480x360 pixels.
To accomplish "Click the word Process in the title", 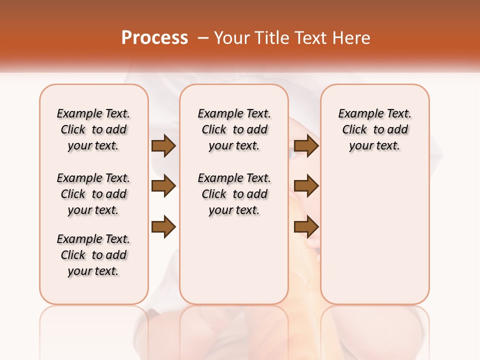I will [x=154, y=38].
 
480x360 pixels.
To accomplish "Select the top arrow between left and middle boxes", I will [x=163, y=145].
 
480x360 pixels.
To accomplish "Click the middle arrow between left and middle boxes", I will [x=163, y=186].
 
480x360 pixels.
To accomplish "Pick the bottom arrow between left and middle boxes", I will [x=163, y=227].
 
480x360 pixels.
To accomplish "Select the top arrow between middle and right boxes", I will [x=306, y=145].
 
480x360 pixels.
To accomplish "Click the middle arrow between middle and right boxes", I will [x=306, y=186].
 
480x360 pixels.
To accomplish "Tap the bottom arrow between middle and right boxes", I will [x=306, y=227].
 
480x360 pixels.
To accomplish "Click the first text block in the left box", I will [x=93, y=129].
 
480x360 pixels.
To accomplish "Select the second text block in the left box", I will [x=93, y=194].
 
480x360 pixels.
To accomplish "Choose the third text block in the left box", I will [x=93, y=255].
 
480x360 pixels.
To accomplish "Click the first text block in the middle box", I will [x=234, y=129].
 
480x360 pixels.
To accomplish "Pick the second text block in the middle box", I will [x=234, y=194].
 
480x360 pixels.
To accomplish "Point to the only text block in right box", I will [x=374, y=129].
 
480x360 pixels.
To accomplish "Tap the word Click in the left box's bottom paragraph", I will [x=73, y=255].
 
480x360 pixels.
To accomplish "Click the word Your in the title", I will [x=231, y=38].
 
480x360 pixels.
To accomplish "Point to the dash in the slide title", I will [x=203, y=38].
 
